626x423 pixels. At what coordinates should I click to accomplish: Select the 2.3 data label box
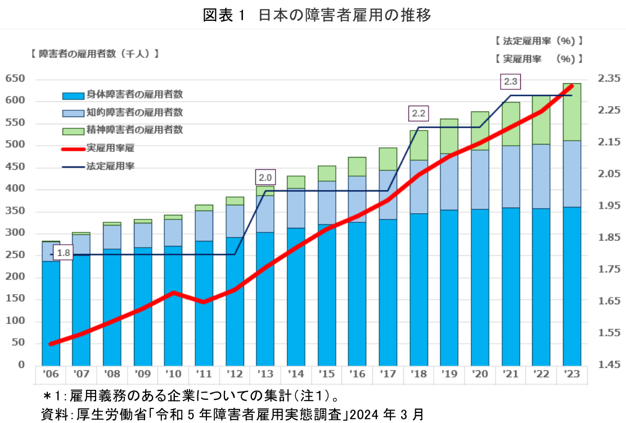(x=510, y=82)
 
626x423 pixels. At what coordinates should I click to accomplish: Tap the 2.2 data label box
(x=418, y=114)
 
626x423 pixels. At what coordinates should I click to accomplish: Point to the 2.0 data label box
(x=265, y=178)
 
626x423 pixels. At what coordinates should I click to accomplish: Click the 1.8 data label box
(x=64, y=253)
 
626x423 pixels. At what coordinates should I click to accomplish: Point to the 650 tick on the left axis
(x=15, y=79)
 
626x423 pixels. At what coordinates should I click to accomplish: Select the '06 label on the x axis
(x=51, y=373)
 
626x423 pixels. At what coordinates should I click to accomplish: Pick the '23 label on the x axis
(x=571, y=373)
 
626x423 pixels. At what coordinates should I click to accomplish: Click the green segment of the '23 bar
(x=571, y=112)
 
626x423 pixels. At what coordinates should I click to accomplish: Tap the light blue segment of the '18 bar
(x=418, y=187)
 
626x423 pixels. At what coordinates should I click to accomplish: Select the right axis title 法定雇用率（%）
(x=539, y=41)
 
